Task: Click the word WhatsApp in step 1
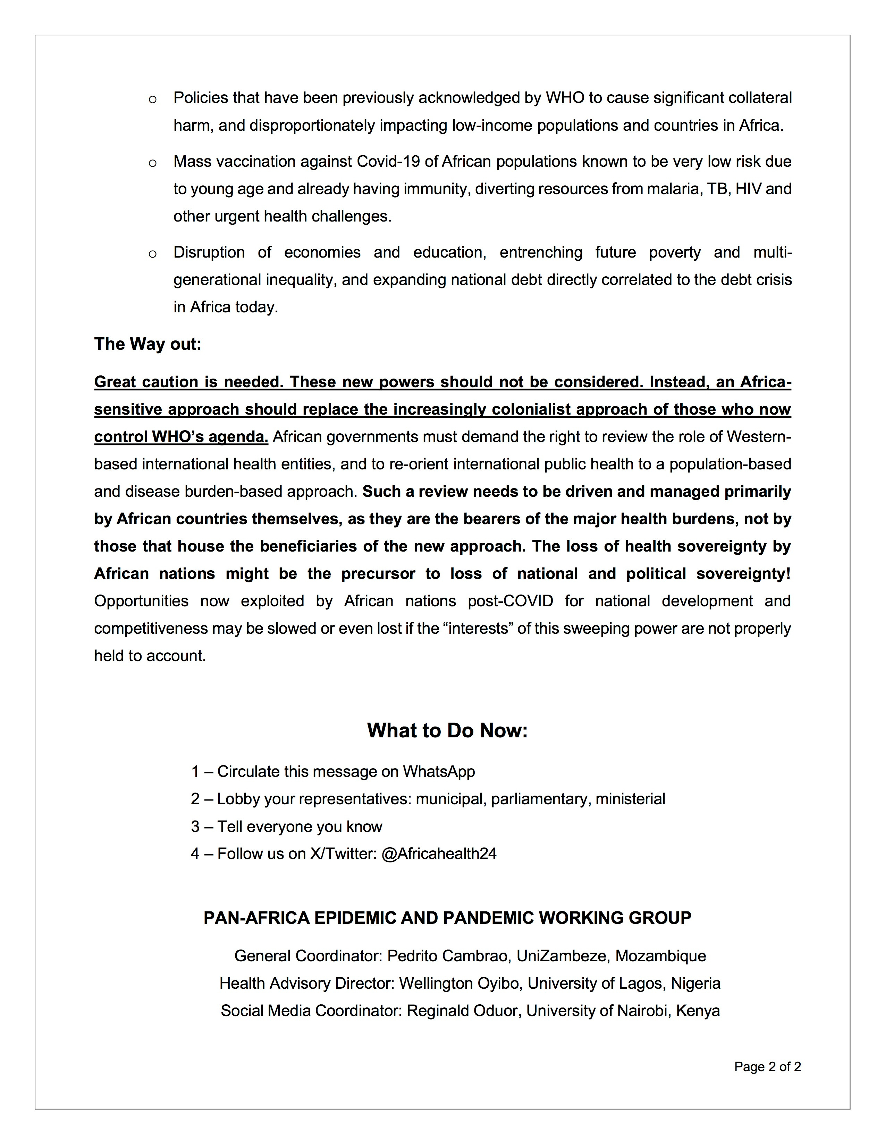click(438, 772)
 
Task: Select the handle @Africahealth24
click(439, 854)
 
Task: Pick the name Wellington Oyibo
click(460, 983)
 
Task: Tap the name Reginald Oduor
click(463, 1011)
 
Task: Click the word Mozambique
click(660, 956)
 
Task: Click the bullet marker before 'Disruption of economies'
click(153, 254)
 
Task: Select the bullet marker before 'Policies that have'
click(153, 99)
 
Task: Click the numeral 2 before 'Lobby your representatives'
click(195, 799)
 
